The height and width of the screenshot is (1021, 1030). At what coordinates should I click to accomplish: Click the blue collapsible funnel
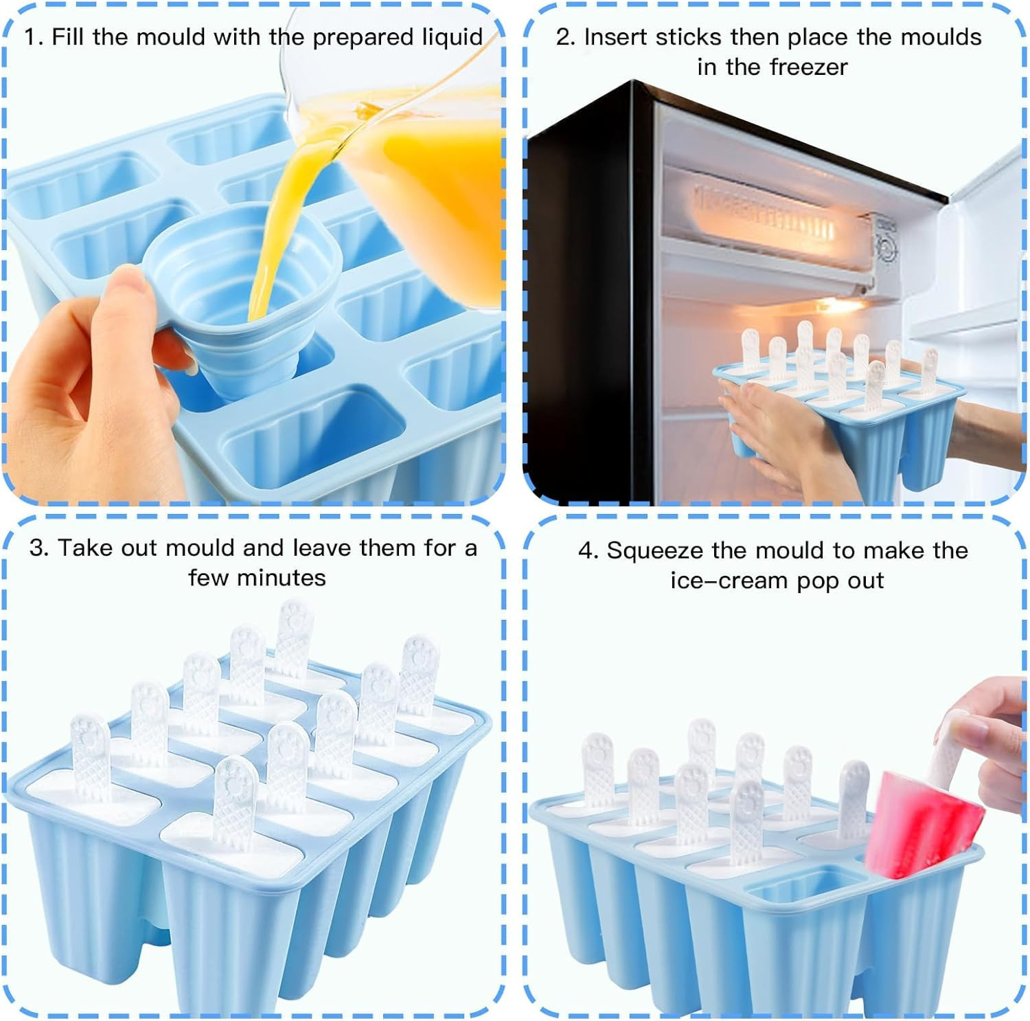[x=240, y=275]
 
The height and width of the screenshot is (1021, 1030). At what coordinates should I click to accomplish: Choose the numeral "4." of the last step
[x=588, y=551]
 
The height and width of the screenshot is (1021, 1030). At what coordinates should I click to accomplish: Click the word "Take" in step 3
[x=87, y=548]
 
